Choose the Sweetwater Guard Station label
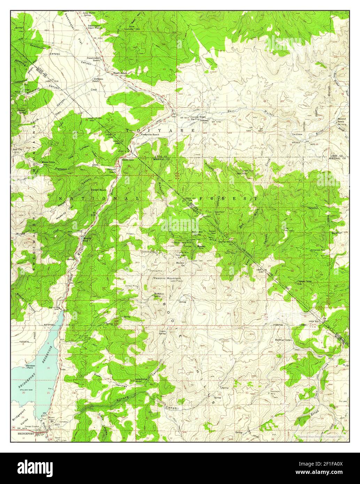[x=94, y=27]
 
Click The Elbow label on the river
[x=297, y=134]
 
